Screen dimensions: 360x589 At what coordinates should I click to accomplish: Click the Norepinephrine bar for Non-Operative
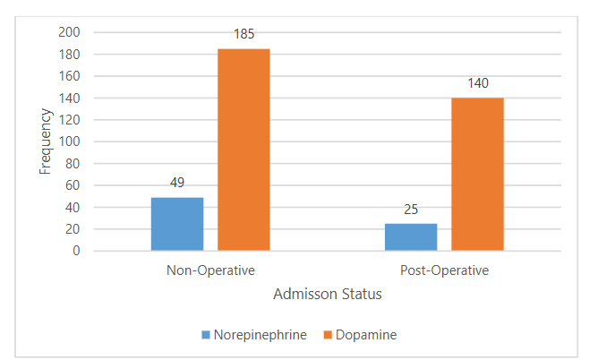(177, 224)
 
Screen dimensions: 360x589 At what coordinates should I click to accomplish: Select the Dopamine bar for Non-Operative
(243, 150)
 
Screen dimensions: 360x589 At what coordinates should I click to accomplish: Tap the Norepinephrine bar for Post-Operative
(411, 237)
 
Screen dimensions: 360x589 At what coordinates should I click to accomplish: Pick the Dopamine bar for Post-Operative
(477, 174)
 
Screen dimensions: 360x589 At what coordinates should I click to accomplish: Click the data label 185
(243, 35)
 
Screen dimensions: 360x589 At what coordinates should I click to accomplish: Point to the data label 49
(177, 184)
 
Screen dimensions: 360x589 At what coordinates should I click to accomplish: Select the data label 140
(477, 84)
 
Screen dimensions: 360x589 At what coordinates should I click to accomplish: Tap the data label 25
(411, 210)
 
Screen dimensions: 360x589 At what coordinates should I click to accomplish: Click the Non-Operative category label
(210, 269)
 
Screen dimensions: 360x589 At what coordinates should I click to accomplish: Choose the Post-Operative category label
(444, 269)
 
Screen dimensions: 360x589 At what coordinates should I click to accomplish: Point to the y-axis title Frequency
(45, 141)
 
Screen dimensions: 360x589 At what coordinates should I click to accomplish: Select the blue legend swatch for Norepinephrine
(205, 335)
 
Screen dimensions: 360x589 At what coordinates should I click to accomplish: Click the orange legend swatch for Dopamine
(327, 335)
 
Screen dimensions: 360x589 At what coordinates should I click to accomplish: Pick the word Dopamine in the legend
(366, 335)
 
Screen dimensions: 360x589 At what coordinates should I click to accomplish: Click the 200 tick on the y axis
(69, 32)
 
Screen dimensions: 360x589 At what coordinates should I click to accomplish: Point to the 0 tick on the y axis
(76, 251)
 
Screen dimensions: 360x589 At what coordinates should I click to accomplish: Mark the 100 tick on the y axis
(69, 141)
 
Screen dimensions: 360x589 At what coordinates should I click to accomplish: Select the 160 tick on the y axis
(69, 76)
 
